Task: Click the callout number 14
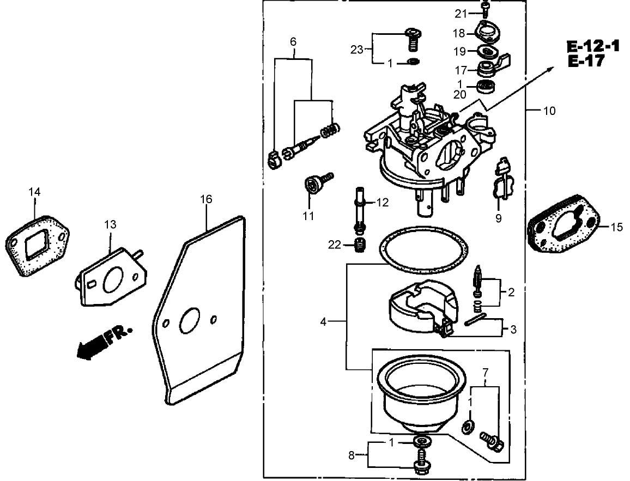point(34,192)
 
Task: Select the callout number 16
point(206,199)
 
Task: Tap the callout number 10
point(549,111)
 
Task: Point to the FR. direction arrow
point(104,342)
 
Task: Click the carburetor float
point(420,308)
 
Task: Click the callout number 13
point(110,224)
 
